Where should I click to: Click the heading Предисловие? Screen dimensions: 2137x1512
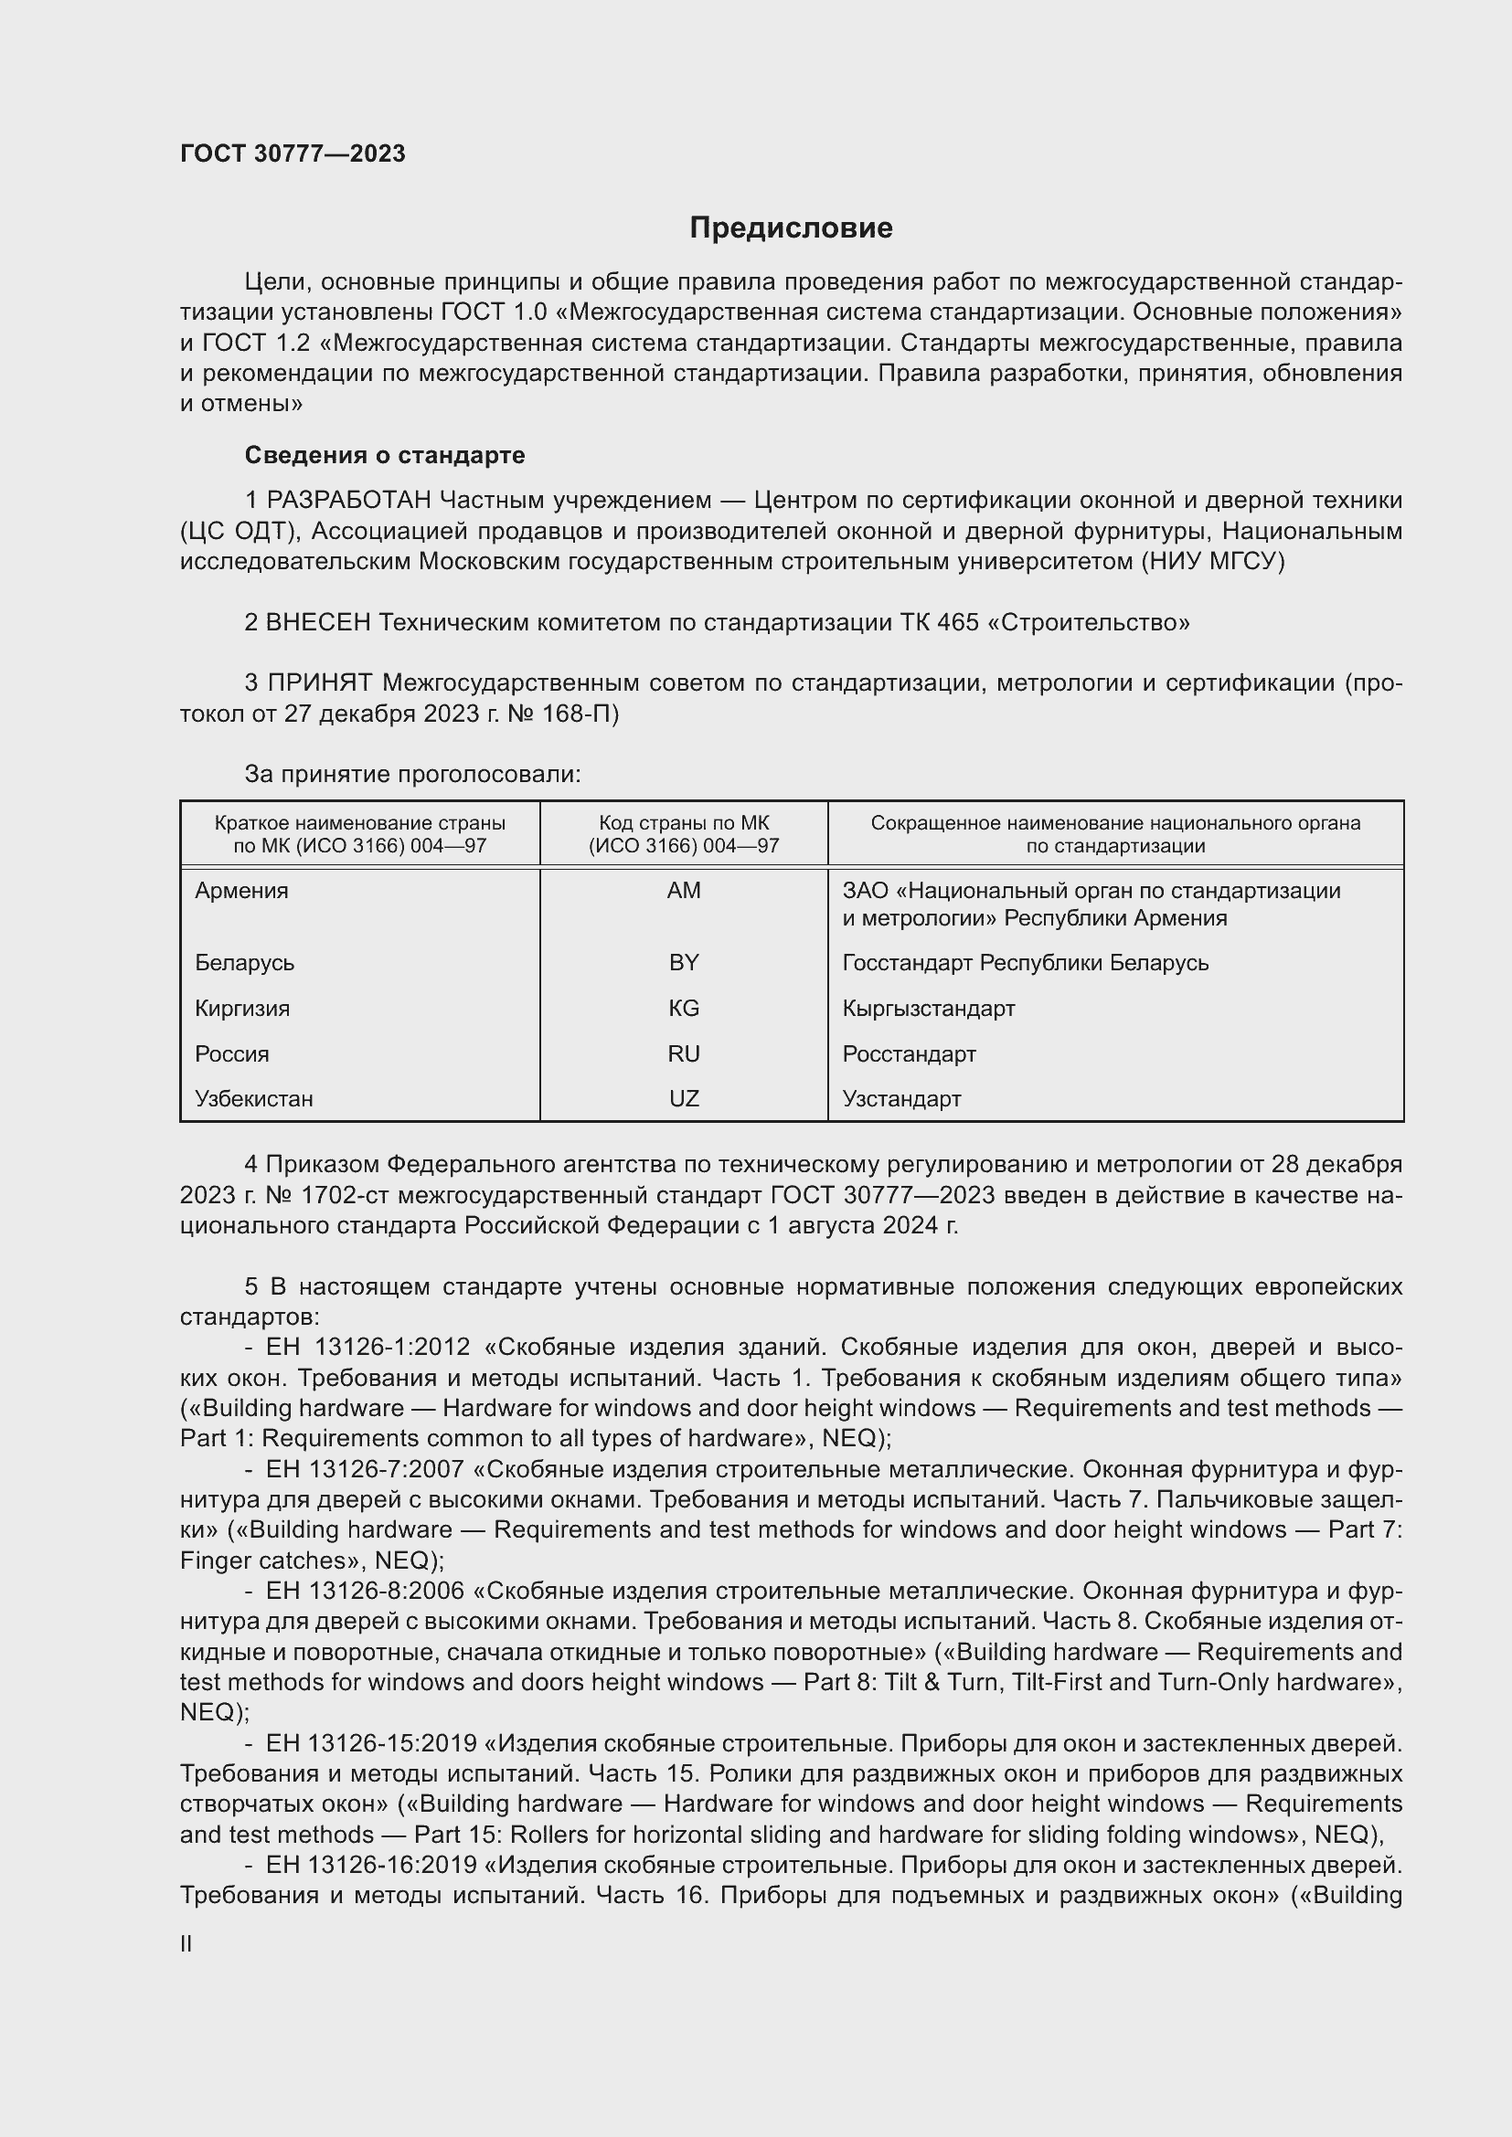(791, 228)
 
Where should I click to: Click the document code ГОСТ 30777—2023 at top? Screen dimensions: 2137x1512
(293, 153)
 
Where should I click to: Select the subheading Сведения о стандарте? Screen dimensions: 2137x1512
(385, 455)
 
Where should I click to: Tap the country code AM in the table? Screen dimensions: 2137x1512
(684, 891)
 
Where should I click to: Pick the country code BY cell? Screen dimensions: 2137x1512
(684, 962)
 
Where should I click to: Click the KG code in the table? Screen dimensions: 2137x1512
(684, 1008)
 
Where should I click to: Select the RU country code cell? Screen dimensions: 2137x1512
(684, 1053)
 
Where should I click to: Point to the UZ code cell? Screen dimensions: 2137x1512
(684, 1098)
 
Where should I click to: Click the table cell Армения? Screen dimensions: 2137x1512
(242, 891)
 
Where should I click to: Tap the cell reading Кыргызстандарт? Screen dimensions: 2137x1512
(928, 1008)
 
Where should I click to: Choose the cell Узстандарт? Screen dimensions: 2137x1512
(901, 1098)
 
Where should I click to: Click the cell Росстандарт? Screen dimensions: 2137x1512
(909, 1053)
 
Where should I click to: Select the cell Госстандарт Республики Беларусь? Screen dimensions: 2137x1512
(1025, 962)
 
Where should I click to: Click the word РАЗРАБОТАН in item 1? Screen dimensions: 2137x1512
(349, 501)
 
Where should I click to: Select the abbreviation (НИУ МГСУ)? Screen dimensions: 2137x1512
(1212, 561)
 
